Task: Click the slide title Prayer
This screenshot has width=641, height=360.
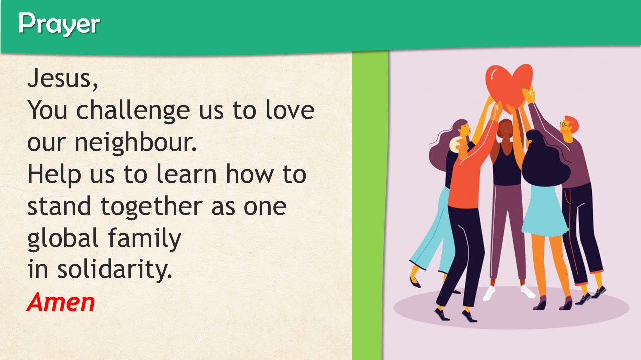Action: coord(59,24)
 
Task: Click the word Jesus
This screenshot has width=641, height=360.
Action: coord(61,78)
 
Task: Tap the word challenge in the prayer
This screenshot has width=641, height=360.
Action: coord(133,110)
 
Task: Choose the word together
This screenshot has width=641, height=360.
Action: coord(152,206)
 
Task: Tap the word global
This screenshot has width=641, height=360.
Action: coord(63,238)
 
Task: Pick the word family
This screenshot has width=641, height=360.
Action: coord(145,238)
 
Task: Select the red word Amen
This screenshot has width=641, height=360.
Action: coord(61,302)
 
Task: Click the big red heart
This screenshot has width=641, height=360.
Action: coord(509,85)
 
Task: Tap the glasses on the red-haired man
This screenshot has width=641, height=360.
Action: coord(564,124)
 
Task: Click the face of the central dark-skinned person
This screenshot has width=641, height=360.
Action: coord(505,129)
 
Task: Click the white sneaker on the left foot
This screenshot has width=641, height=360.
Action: coord(489,293)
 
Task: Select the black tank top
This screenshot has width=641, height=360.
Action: coord(506,165)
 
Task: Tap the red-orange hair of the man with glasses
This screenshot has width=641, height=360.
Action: coord(572,121)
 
